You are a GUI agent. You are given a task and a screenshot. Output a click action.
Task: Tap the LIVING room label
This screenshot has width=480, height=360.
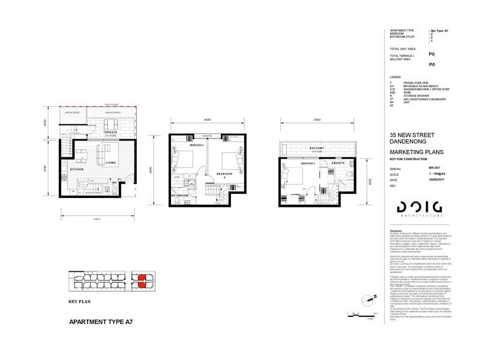110,162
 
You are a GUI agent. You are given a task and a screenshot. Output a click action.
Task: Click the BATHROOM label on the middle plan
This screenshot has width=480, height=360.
179,196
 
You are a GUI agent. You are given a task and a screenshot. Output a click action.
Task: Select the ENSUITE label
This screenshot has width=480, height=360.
338,163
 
